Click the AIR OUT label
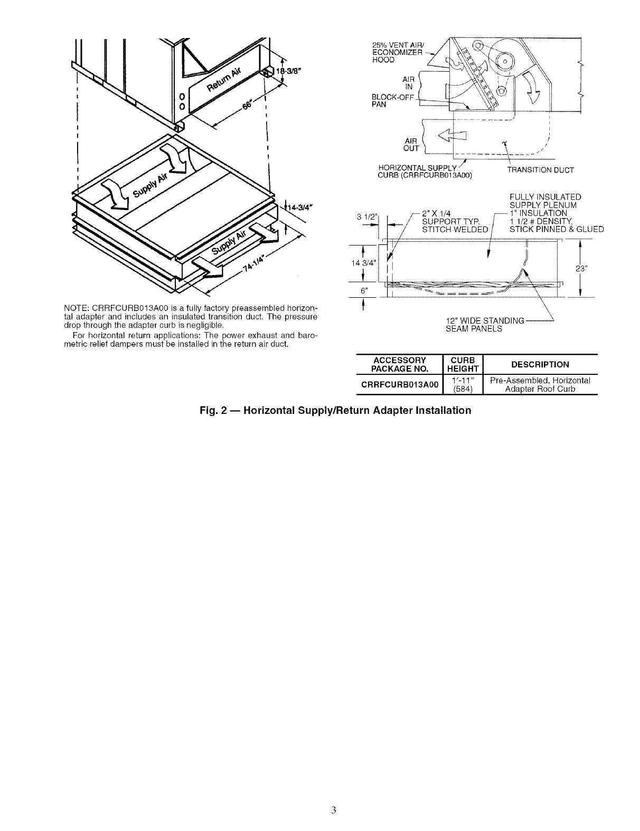[410, 144]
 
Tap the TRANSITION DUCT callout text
[532, 170]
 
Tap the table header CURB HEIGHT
[462, 364]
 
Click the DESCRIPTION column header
[540, 364]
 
